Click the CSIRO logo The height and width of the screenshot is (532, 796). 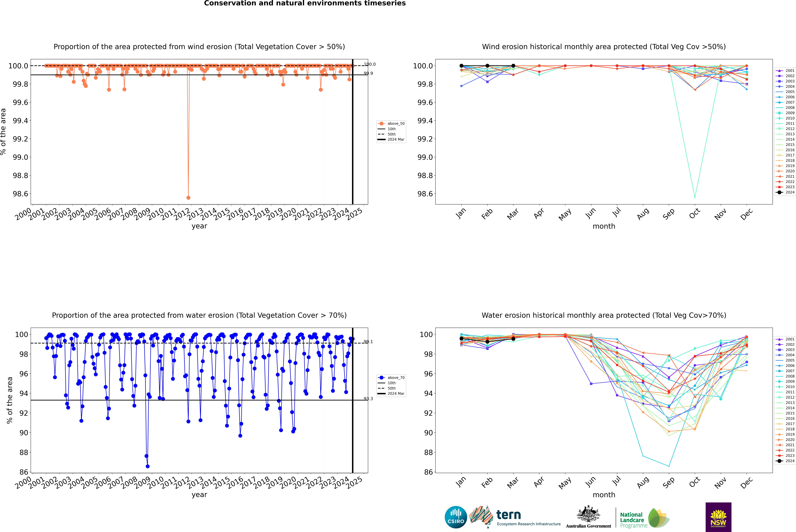[456, 517]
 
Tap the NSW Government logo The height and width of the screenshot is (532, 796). [718, 517]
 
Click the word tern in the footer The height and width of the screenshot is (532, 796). [508, 515]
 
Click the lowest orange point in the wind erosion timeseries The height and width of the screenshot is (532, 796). [188, 197]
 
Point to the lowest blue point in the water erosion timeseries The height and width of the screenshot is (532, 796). [148, 466]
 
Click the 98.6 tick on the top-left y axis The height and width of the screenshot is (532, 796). [20, 194]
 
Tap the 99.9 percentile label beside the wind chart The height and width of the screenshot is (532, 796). [368, 73]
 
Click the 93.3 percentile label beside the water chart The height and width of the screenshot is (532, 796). [368, 399]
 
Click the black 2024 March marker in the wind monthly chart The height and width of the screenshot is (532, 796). [513, 66]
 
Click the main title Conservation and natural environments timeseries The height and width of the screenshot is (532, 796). [305, 3]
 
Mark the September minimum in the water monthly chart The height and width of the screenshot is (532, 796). [669, 466]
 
